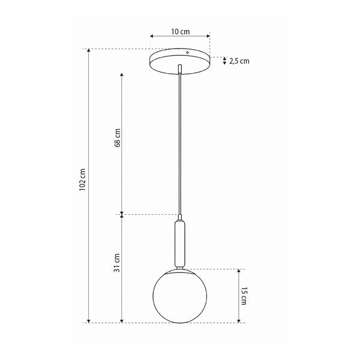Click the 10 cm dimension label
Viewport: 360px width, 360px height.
tap(181, 32)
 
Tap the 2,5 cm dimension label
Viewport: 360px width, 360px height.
tap(239, 61)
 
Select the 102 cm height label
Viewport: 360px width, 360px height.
tap(82, 179)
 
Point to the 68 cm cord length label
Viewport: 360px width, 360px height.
tap(118, 138)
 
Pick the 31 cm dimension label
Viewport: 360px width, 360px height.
tap(117, 263)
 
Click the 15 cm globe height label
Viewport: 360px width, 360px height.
tap(244, 296)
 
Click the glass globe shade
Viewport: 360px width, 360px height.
tap(180, 296)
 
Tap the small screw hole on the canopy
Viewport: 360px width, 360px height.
tap(187, 53)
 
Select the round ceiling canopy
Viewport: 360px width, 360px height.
tap(180, 61)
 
